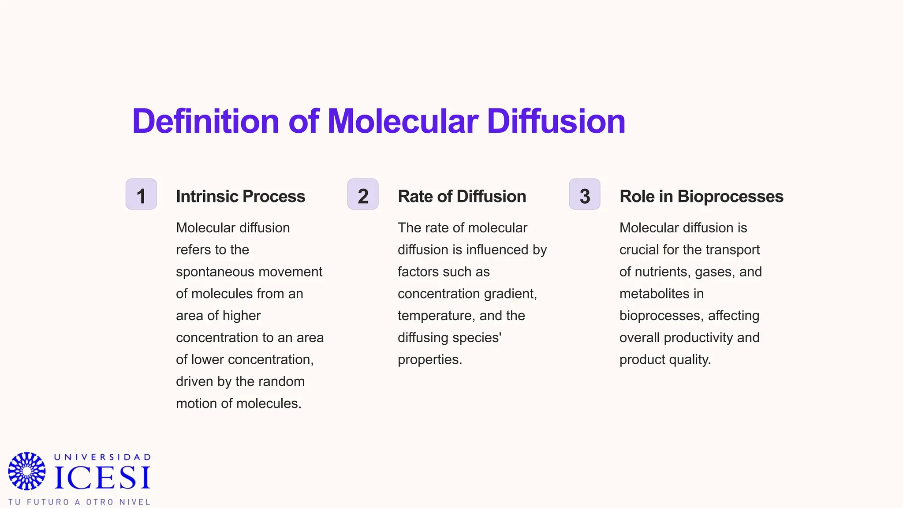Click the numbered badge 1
pyautogui.click(x=141, y=194)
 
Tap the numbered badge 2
pyautogui.click(x=363, y=194)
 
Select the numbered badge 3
pyautogui.click(x=585, y=194)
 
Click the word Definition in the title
pyautogui.click(x=205, y=121)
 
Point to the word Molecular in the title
pyautogui.click(x=403, y=121)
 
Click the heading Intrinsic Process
pyautogui.click(x=240, y=197)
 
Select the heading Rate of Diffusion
pyautogui.click(x=462, y=197)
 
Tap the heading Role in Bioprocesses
pyautogui.click(x=701, y=197)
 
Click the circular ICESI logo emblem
pyautogui.click(x=27, y=471)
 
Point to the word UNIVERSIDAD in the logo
pyautogui.click(x=103, y=457)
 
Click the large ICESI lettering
pyautogui.click(x=102, y=478)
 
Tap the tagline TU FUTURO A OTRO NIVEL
pyautogui.click(x=79, y=502)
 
